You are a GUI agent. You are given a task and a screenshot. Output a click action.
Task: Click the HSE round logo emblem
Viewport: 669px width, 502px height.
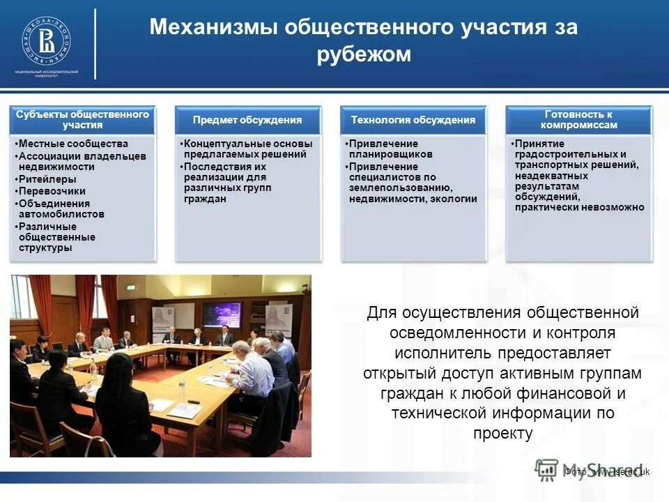coord(46,39)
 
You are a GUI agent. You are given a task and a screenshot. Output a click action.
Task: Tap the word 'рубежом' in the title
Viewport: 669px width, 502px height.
coord(364,54)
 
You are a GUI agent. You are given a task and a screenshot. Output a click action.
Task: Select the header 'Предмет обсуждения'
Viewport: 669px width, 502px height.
coord(247,120)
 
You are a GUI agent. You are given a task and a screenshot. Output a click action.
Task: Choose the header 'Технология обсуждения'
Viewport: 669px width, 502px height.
coord(413,120)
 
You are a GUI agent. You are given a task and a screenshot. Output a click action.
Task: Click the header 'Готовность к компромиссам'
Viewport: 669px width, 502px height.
coord(578,119)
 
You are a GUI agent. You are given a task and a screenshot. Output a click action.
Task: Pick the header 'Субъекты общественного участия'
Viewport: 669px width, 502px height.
coord(83,119)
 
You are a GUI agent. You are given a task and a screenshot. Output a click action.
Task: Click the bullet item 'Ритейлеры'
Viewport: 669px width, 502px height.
coord(43,179)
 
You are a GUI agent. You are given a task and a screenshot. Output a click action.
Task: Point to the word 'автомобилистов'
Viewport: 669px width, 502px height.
coord(61,214)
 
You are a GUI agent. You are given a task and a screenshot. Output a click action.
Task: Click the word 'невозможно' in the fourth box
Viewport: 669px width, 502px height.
coord(610,207)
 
